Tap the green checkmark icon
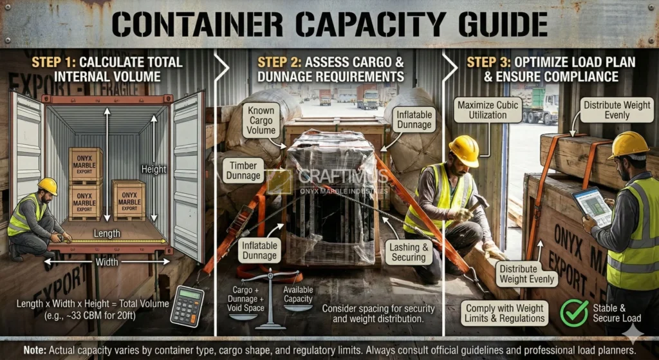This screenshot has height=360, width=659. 574,312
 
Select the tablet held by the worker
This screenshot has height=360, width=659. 593,206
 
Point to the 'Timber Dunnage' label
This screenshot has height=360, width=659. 245,170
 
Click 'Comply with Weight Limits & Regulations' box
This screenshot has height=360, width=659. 506,313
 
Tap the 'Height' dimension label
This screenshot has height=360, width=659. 154,170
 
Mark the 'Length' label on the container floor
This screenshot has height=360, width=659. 107,234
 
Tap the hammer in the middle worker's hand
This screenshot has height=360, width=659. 477,204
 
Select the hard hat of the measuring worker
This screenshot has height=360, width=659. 48,185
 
